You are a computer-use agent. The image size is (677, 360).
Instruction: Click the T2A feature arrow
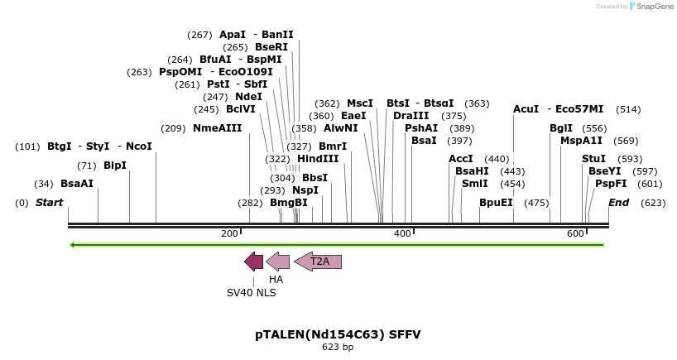point(319,262)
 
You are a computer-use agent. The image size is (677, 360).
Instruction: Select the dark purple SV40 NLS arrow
point(253,262)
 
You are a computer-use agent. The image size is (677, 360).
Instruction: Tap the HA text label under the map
point(276,280)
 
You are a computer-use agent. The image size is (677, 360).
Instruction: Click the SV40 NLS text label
point(252,292)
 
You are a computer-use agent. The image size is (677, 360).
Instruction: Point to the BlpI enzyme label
point(115,165)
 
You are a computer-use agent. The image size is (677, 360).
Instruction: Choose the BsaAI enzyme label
point(77,184)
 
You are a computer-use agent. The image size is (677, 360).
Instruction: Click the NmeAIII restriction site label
point(217,128)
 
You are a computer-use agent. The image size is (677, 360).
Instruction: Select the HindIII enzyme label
point(318,159)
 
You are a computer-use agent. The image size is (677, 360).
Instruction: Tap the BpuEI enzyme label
point(496,203)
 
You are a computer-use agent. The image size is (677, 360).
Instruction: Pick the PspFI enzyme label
point(611,184)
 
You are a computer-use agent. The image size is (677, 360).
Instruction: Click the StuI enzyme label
point(593,158)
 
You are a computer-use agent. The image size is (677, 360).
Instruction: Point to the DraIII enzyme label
point(411,116)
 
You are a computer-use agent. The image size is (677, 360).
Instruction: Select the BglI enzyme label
point(560,128)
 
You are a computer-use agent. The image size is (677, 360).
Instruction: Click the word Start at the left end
point(49,203)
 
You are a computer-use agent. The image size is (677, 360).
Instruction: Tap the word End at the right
point(618,203)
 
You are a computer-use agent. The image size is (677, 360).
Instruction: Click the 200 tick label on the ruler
point(229,234)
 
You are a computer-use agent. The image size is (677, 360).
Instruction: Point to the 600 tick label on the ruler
point(575,234)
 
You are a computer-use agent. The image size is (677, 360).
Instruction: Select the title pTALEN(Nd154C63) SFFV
point(338,334)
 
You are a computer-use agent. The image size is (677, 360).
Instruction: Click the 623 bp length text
point(338,348)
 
